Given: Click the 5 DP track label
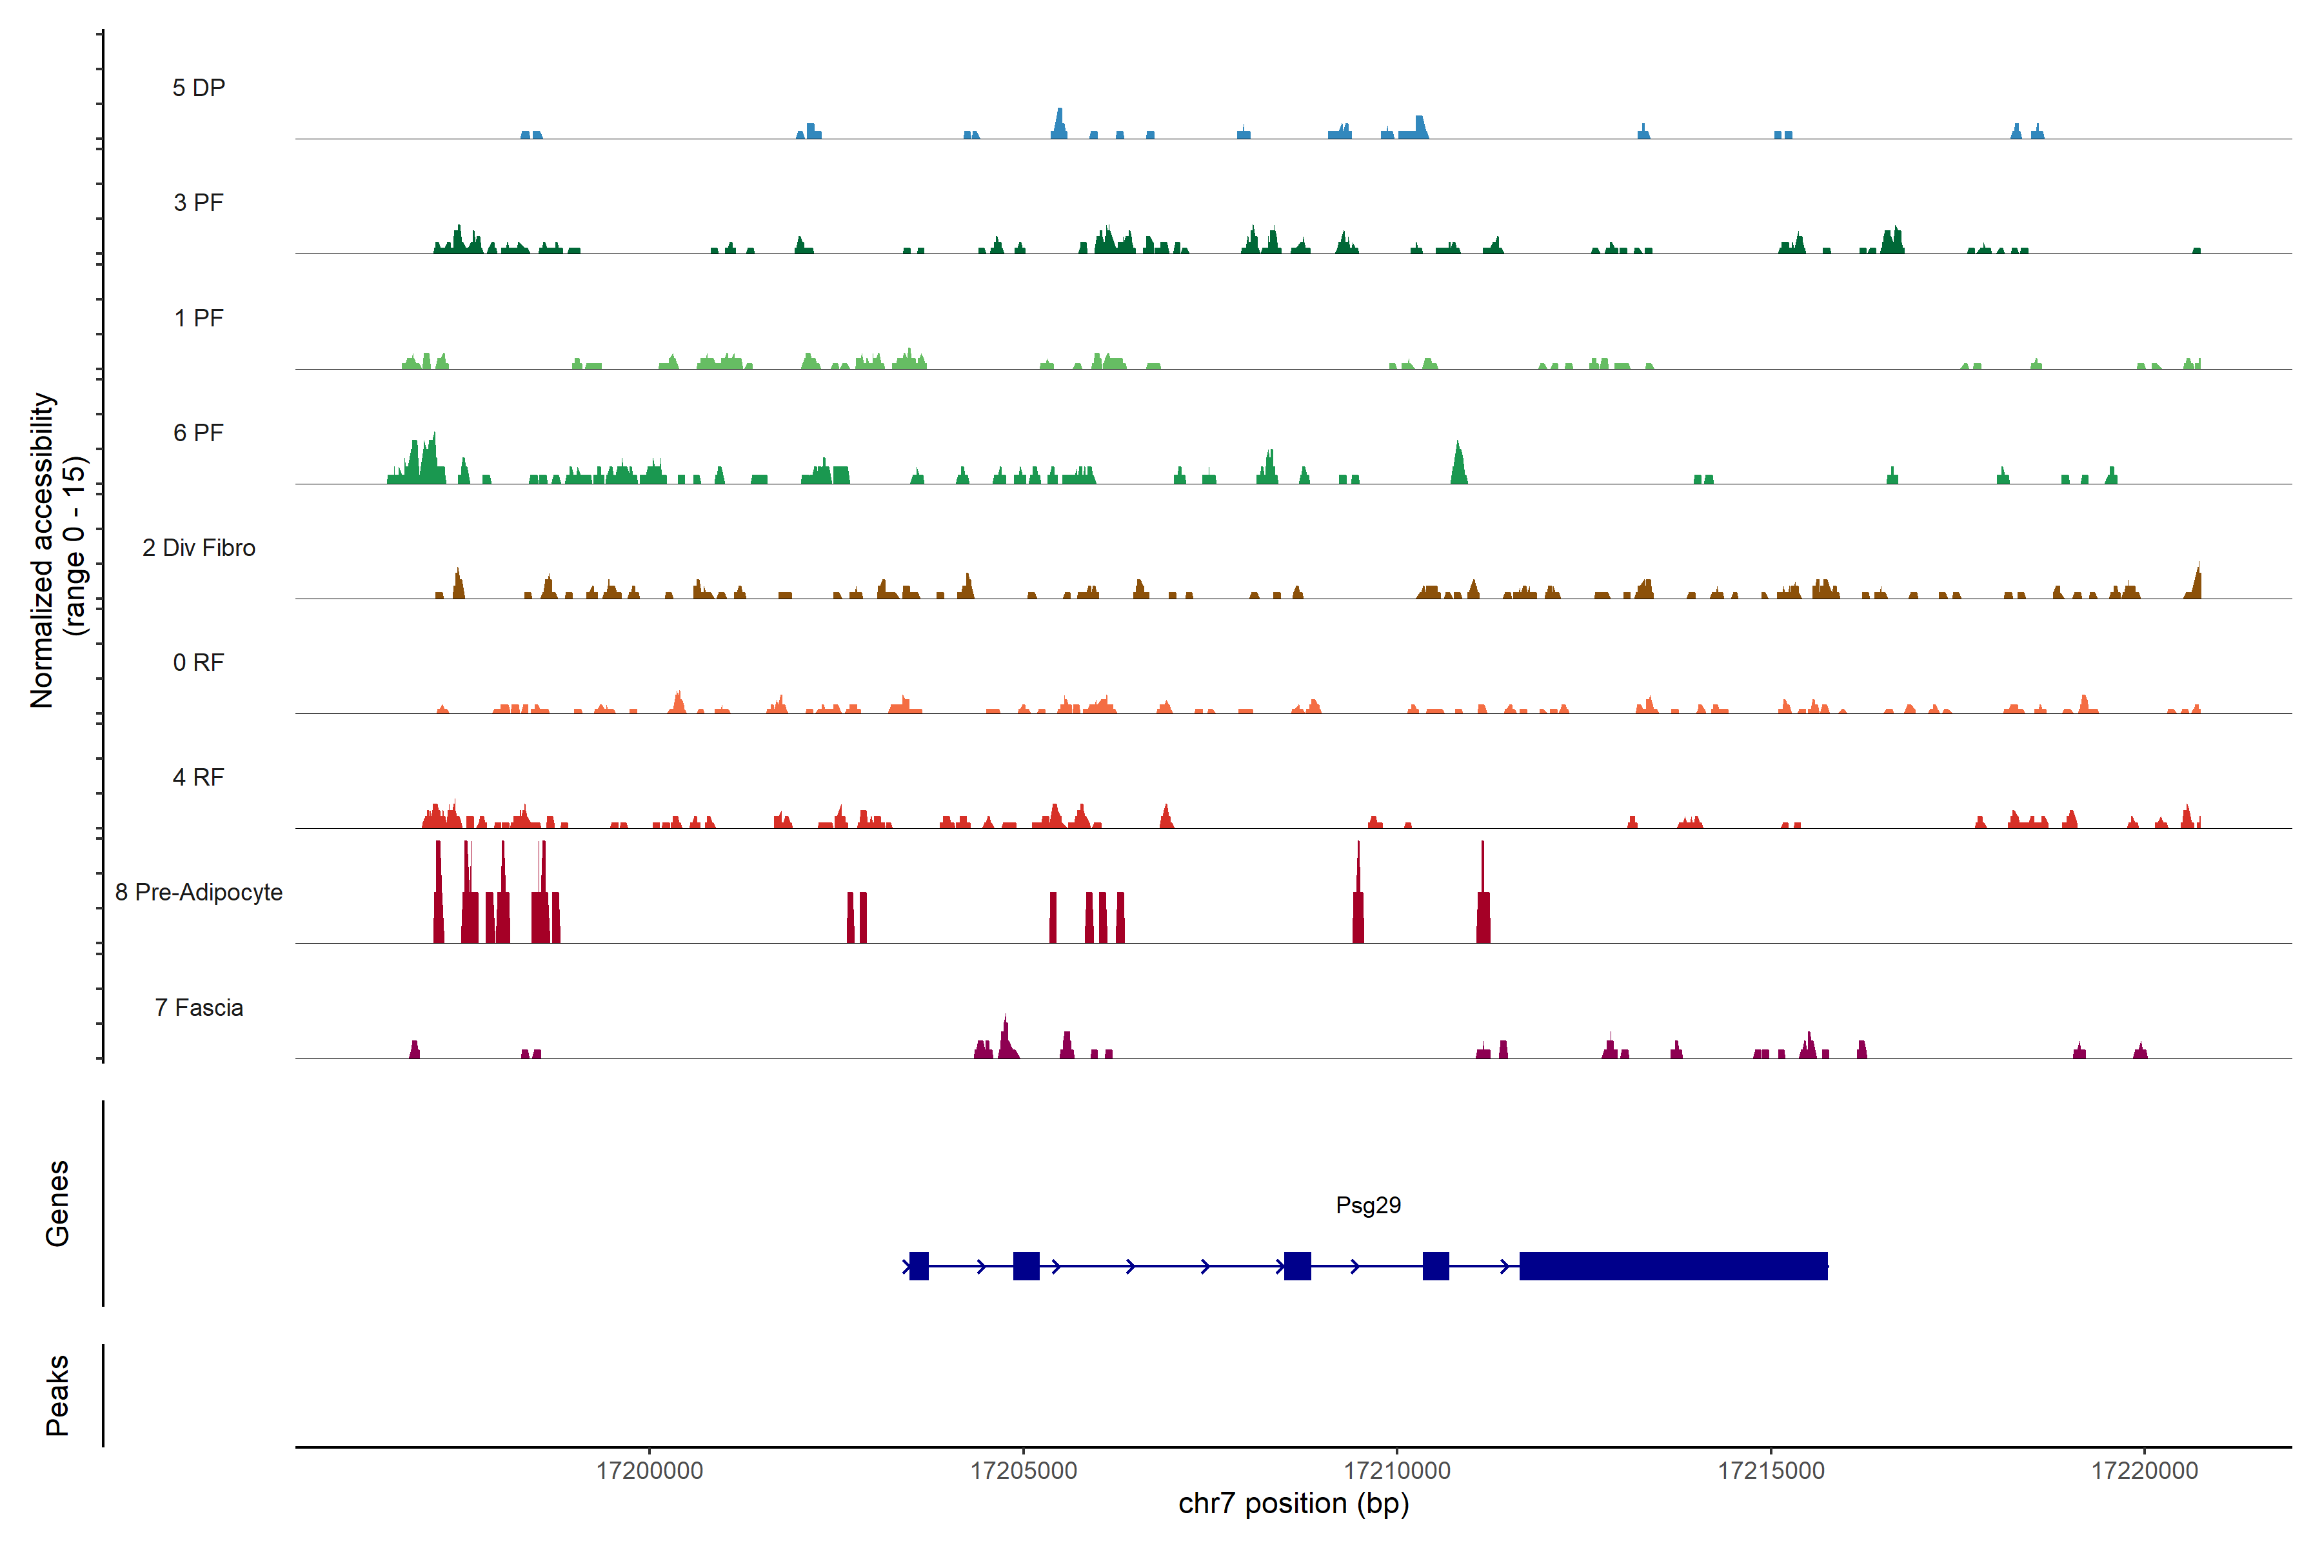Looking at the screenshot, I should point(199,88).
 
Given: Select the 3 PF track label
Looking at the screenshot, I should point(199,203).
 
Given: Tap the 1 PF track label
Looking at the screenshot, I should point(199,318).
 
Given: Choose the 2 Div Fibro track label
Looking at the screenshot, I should point(199,548).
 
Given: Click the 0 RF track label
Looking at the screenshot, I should point(199,662).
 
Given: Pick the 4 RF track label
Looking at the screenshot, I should point(199,777).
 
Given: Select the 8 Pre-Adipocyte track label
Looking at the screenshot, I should point(199,893).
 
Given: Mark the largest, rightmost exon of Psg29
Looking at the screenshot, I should point(1672,1265).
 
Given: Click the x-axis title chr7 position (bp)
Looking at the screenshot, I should point(1293,1503).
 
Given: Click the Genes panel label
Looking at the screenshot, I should point(57,1204).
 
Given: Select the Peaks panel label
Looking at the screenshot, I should point(57,1395).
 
